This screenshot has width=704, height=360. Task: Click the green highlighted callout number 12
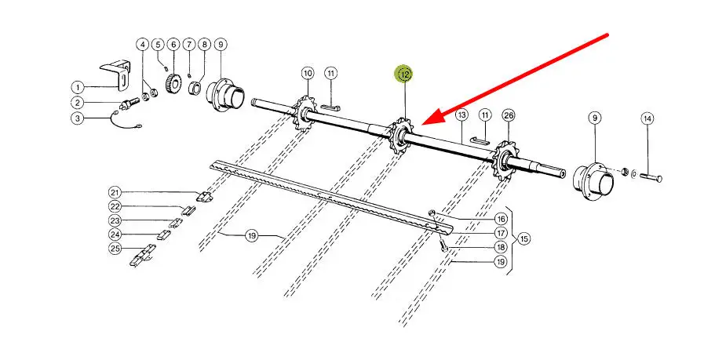(405, 75)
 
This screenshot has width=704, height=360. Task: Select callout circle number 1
(78, 87)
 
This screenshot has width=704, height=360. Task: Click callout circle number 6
(173, 45)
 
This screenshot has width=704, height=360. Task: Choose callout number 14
(647, 119)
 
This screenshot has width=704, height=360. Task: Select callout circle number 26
(509, 115)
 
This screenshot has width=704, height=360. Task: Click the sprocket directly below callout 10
(302, 114)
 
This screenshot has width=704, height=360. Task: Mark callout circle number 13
(462, 115)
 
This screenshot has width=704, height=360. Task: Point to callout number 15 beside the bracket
(524, 238)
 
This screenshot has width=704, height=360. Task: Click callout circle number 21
(115, 193)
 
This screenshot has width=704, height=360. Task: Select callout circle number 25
(115, 248)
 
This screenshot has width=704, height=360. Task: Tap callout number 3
(78, 118)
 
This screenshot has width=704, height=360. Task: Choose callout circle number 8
(205, 45)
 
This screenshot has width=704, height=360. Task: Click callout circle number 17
(501, 233)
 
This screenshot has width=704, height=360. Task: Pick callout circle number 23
(115, 220)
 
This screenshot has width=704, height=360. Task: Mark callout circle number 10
(308, 73)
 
